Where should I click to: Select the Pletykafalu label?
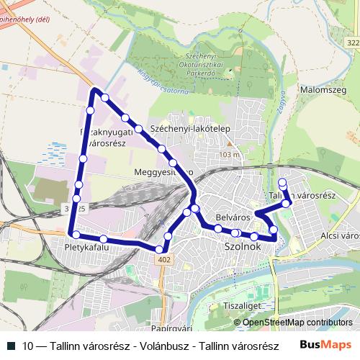pos(86,247)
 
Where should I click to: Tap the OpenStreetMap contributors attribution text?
pos(297,323)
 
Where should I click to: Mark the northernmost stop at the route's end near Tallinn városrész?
pos(282,182)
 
